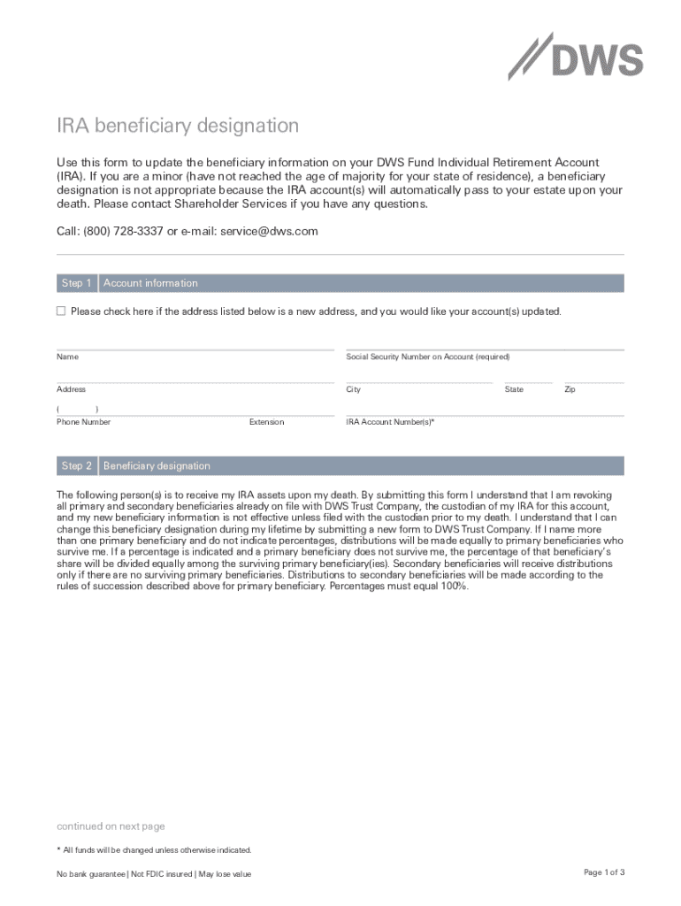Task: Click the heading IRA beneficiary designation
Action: [178, 126]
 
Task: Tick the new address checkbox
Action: [61, 311]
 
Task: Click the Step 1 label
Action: [76, 283]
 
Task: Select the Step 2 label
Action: [76, 465]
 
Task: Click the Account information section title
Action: [150, 283]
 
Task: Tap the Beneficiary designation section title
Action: [157, 465]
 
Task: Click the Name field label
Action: [67, 357]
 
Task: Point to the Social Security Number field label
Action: [427, 357]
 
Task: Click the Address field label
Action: [71, 389]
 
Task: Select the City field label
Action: [353, 389]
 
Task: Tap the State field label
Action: [514, 389]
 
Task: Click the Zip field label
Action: [570, 389]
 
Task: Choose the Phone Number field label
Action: [83, 422]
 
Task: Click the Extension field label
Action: [266, 422]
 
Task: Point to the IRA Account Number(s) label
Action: [390, 422]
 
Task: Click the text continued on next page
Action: [111, 826]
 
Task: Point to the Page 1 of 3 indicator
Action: [604, 872]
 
